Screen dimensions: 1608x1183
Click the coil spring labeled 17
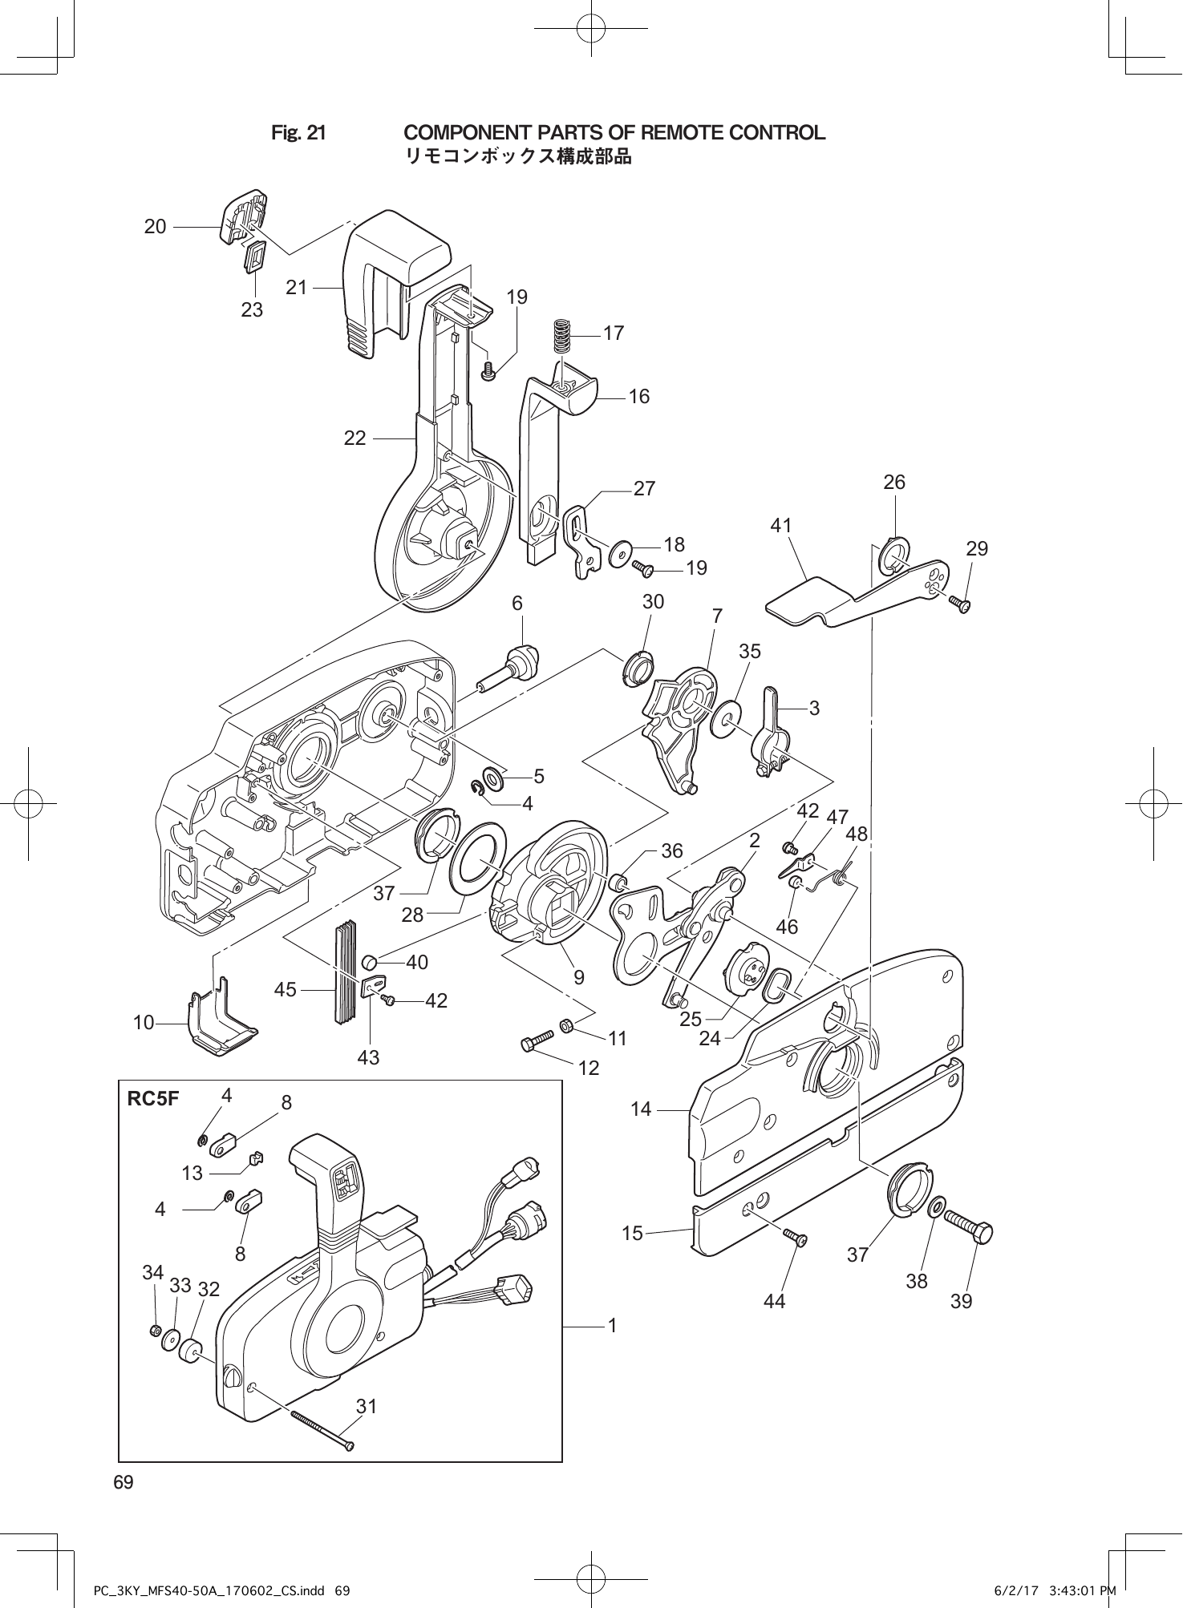pyautogui.click(x=565, y=336)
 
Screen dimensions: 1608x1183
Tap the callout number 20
pyautogui.click(x=156, y=227)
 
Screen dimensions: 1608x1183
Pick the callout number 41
pyautogui.click(x=780, y=525)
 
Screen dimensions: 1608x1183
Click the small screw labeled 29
pyautogui.click(x=959, y=603)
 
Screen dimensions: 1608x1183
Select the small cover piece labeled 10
pyautogui.click(x=221, y=1022)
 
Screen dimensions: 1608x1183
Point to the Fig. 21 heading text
pyautogui.click(x=298, y=133)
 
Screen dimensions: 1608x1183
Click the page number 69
pyautogui.click(x=124, y=1483)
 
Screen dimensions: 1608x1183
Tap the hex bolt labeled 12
pyautogui.click(x=537, y=1040)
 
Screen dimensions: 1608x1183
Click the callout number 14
pyautogui.click(x=641, y=1109)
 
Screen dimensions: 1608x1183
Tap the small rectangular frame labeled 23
pyautogui.click(x=255, y=258)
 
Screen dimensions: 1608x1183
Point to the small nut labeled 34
pyautogui.click(x=156, y=1331)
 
